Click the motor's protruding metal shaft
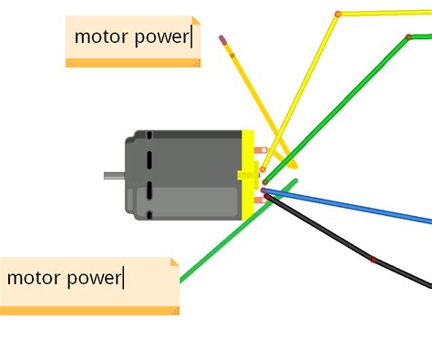pyautogui.click(x=113, y=175)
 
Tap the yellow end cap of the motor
pyautogui.click(x=247, y=174)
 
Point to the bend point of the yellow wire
pyautogui.click(x=338, y=14)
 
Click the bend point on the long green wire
pyautogui.click(x=408, y=37)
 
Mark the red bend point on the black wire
pyautogui.click(x=373, y=260)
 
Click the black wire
pyautogui.click(x=328, y=233)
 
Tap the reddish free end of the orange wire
pyautogui.click(x=222, y=39)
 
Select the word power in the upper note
pyautogui.click(x=161, y=37)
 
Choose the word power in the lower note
pyautogui.click(x=93, y=276)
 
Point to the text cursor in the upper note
pyautogui.click(x=192, y=36)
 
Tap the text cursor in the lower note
pyautogui.click(x=123, y=275)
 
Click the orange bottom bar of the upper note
pyautogui.click(x=132, y=63)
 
